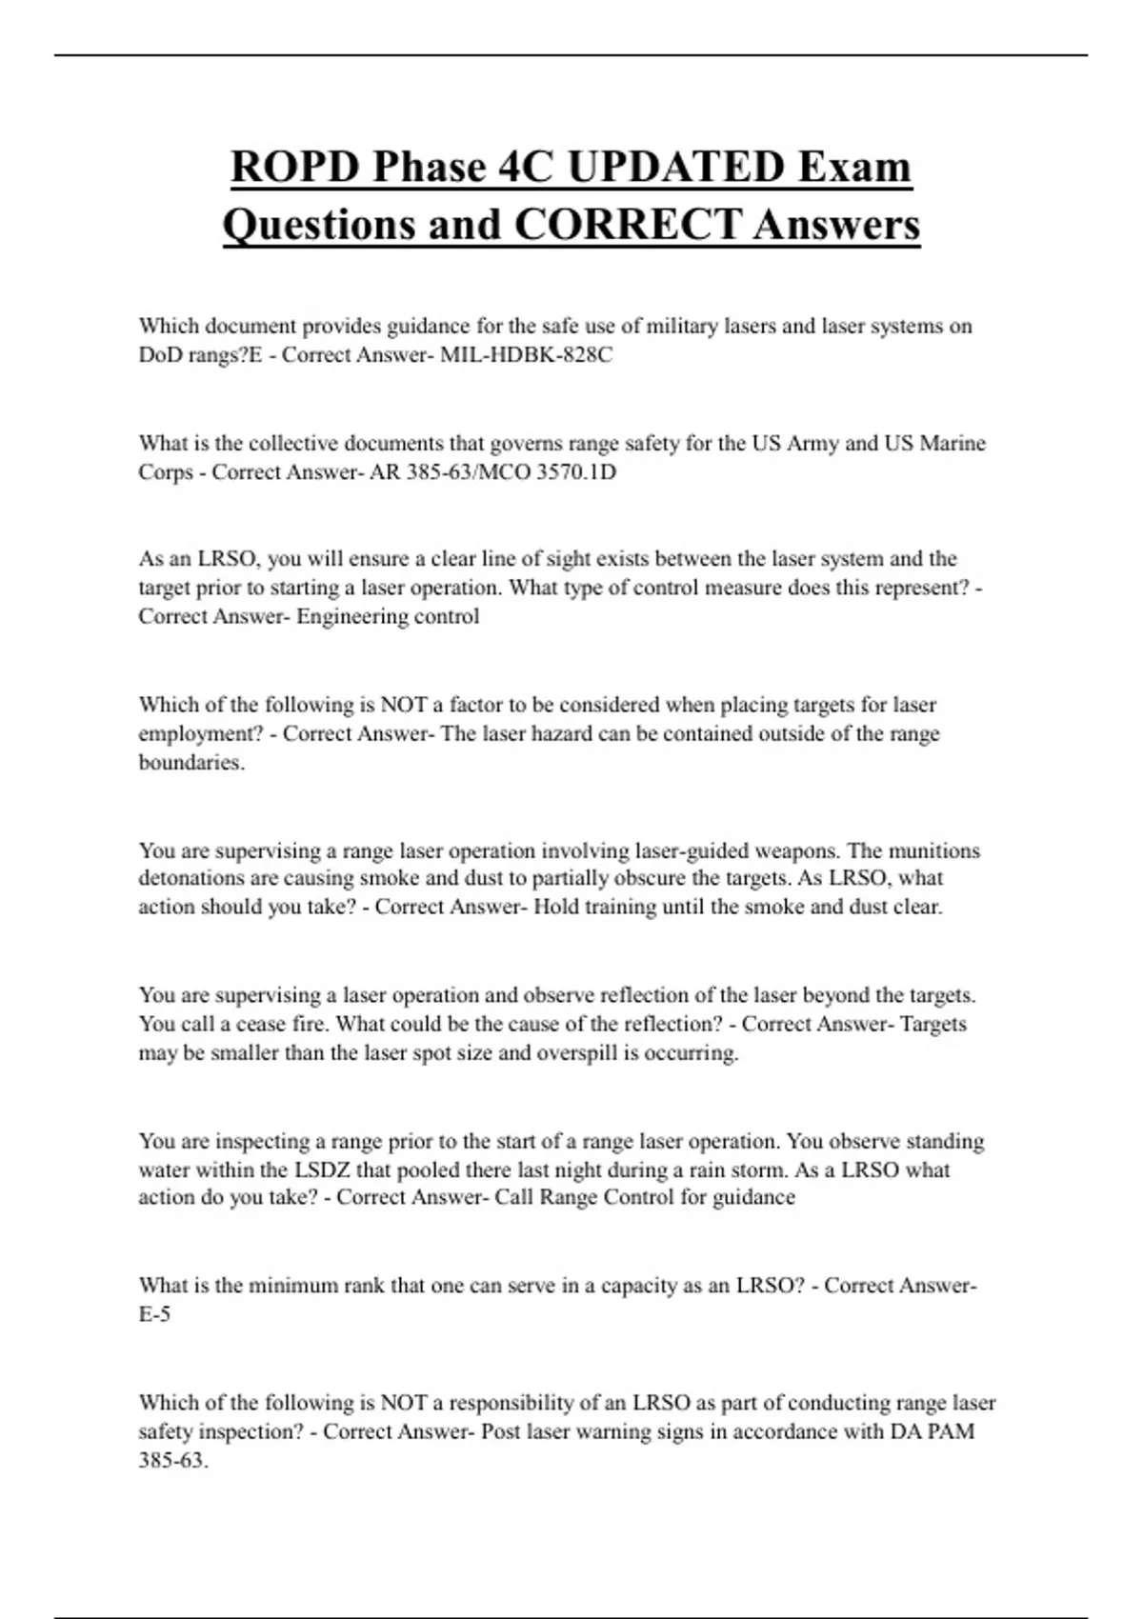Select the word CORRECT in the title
[x=627, y=226]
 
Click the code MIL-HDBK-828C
[x=526, y=355]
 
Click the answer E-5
[x=154, y=1314]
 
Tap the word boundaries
[x=190, y=763]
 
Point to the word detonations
[x=191, y=878]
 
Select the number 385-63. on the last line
[x=172, y=1460]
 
